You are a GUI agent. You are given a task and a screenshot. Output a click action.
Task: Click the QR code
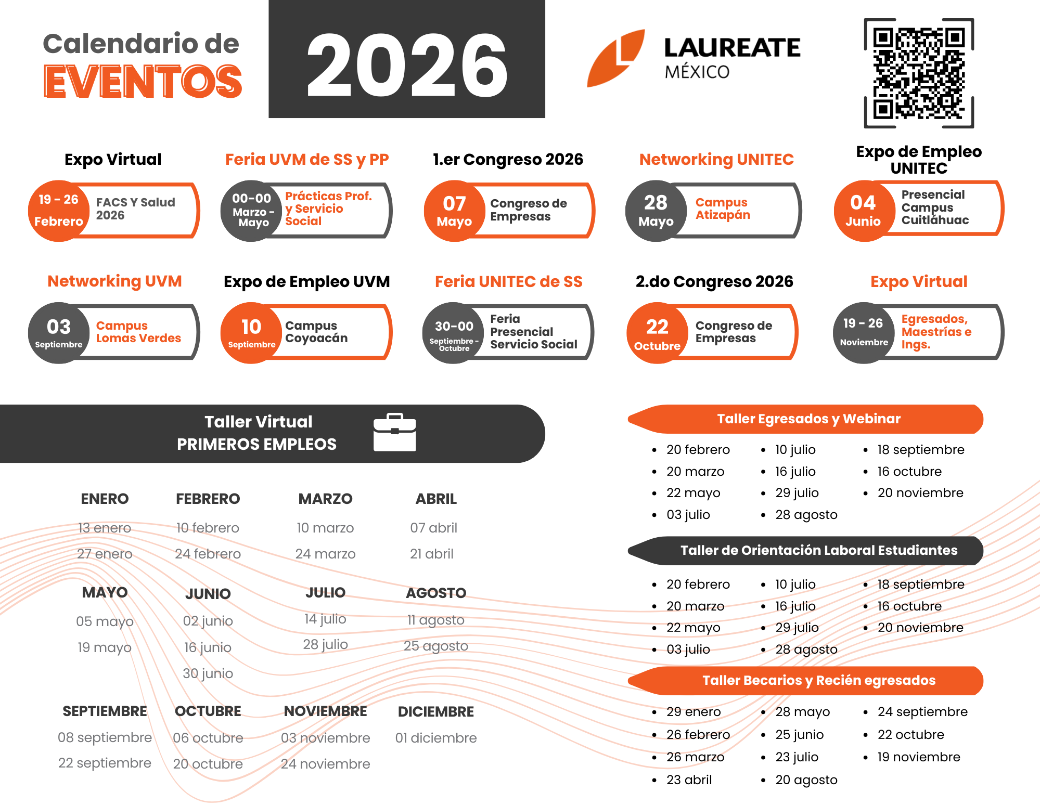click(919, 73)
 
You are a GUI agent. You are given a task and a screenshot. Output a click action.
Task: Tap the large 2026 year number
click(407, 65)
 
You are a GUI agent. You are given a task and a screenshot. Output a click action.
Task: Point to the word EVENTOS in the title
click(143, 82)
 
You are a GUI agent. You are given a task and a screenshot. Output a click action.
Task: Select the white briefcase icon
click(394, 432)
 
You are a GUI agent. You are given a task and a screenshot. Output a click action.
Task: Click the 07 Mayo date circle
click(454, 211)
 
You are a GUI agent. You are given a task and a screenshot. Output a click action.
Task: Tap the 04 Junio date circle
click(863, 211)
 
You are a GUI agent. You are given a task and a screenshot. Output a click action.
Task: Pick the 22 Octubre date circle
click(657, 333)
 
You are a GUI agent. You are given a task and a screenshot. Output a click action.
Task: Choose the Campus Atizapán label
click(723, 209)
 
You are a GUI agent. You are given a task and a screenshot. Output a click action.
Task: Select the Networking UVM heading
click(114, 281)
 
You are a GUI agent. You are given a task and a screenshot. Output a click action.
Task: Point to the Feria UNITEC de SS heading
click(508, 282)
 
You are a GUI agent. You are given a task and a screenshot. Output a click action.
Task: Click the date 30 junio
click(208, 673)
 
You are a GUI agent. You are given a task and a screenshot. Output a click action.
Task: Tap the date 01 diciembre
click(435, 738)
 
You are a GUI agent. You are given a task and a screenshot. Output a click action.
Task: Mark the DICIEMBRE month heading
click(435, 711)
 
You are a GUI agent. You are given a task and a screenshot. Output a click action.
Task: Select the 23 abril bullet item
click(689, 780)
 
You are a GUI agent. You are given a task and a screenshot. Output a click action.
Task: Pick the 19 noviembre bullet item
click(918, 757)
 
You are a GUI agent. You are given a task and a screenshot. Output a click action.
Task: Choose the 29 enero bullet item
click(693, 712)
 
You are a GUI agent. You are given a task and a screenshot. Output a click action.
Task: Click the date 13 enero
click(105, 528)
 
